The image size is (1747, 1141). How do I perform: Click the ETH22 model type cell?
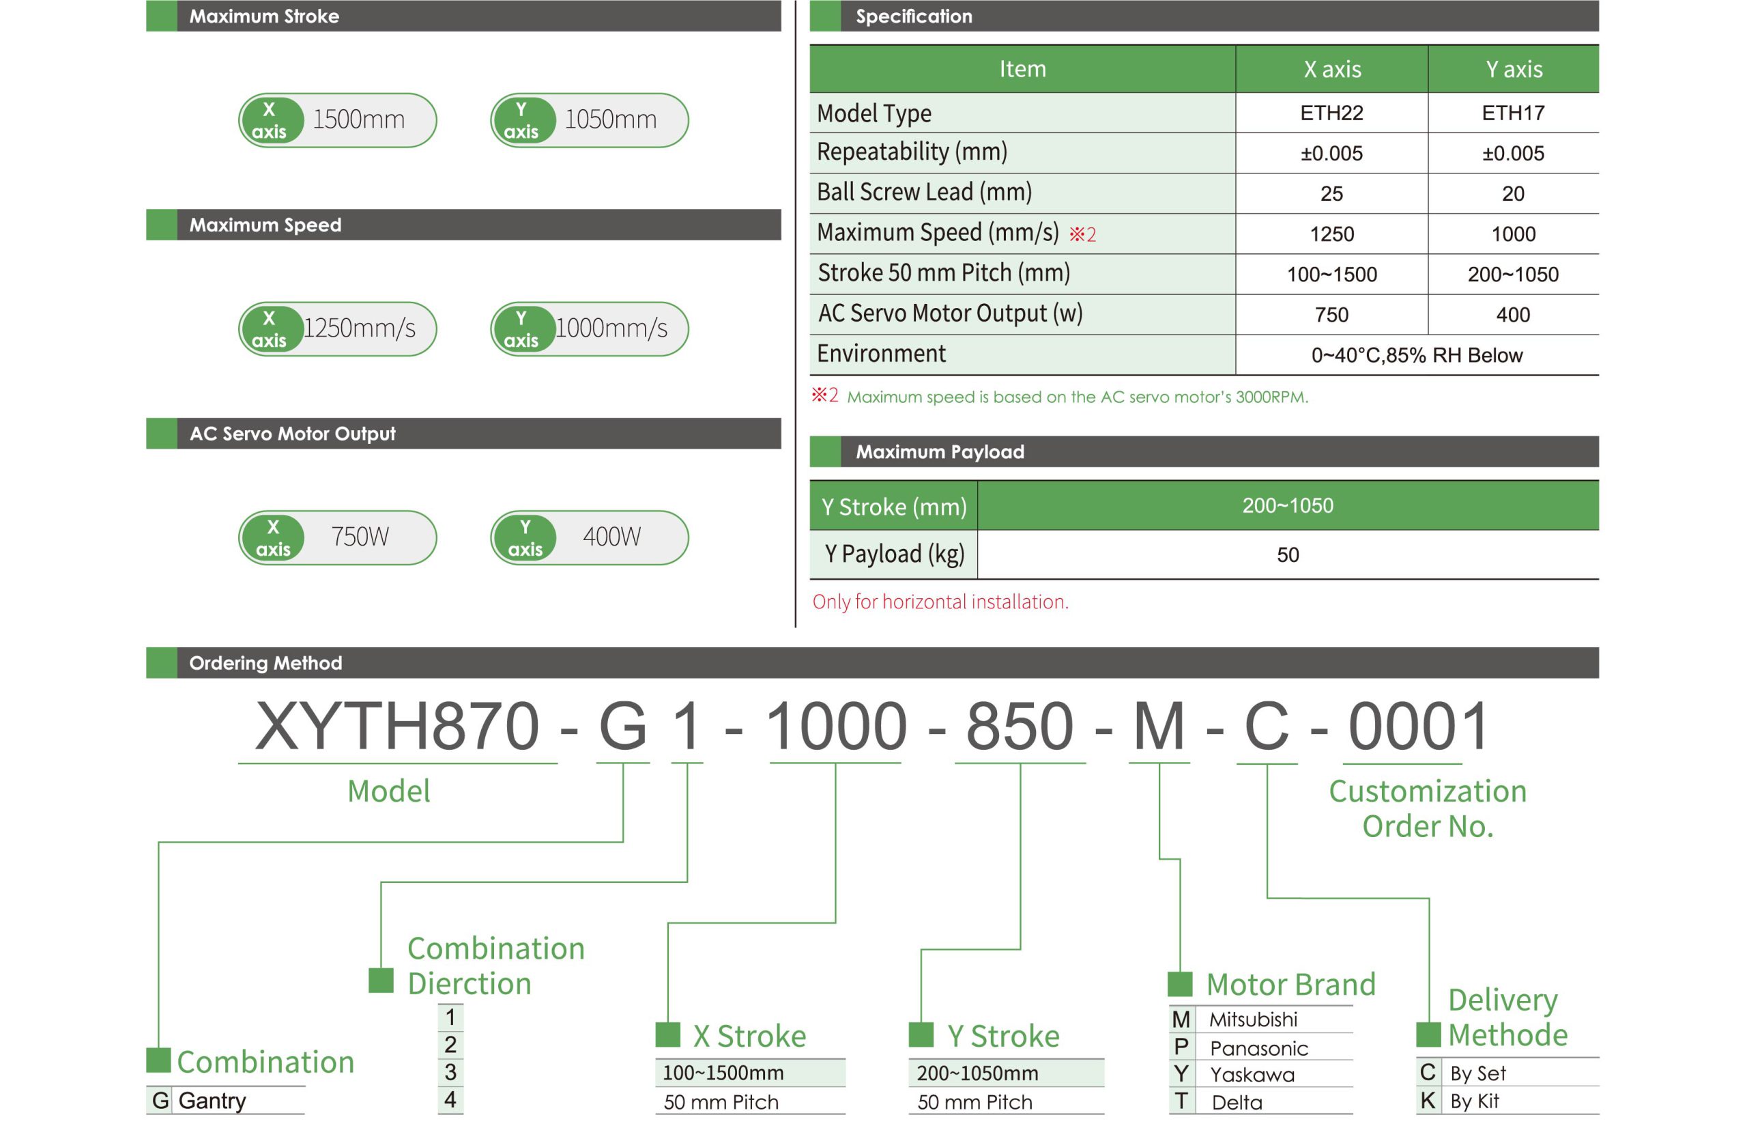(1331, 113)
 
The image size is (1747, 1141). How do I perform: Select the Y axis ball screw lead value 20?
(1512, 194)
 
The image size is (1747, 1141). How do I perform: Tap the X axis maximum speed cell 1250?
(1331, 234)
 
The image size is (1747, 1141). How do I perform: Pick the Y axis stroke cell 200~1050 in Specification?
(1512, 274)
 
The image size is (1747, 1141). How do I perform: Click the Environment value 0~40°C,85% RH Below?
(1416, 355)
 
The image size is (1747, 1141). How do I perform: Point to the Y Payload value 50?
(1288, 554)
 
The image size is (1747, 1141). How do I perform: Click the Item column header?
(1022, 69)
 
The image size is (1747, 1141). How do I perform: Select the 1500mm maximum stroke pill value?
(358, 119)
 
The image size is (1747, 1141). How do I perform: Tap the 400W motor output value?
(611, 537)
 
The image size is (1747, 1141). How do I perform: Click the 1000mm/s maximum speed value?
(611, 328)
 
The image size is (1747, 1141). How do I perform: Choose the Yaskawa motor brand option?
(1252, 1075)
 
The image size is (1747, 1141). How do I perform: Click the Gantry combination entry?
(212, 1101)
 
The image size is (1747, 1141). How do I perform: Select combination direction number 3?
(450, 1072)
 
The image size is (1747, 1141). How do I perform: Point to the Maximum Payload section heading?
(940, 451)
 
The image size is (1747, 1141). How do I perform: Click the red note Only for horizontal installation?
(940, 602)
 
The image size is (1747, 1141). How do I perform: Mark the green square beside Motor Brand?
(1180, 984)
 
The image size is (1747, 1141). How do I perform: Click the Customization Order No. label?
(1427, 808)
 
